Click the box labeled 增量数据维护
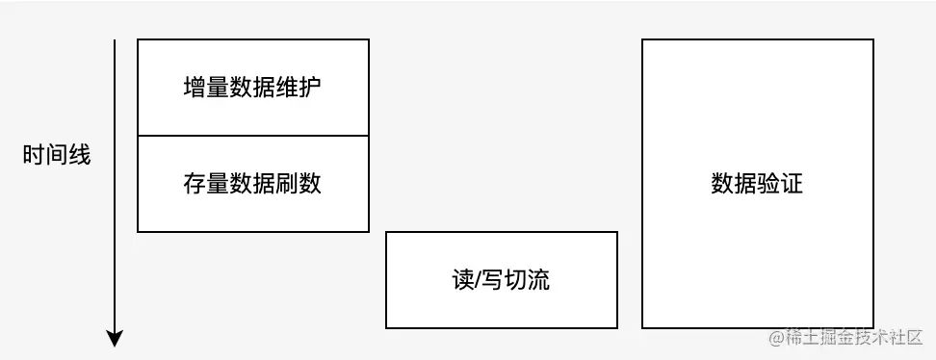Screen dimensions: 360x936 252,88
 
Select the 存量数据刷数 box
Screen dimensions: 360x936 252,184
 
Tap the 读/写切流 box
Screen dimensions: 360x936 500,280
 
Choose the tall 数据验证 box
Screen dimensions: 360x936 757,184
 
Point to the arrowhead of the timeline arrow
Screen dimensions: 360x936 115,338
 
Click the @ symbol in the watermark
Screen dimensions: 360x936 776,338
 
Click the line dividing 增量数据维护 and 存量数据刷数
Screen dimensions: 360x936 252,136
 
